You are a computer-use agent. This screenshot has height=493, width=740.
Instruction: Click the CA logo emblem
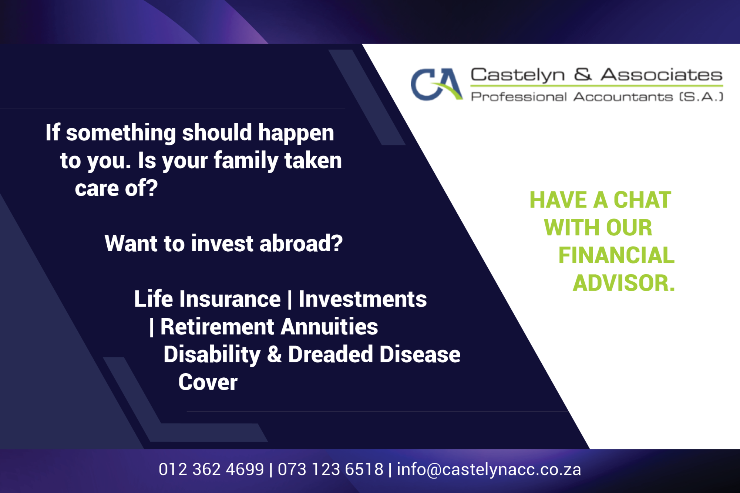[436, 84]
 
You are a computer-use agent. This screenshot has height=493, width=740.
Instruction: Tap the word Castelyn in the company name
[517, 75]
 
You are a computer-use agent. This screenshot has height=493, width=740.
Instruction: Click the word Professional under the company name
[518, 97]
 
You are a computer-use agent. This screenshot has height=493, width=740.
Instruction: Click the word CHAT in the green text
[642, 200]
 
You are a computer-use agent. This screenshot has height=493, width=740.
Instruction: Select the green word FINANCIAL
[616, 255]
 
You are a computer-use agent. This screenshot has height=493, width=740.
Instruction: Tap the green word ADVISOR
[624, 283]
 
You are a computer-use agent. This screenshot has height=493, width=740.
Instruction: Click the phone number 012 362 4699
[211, 470]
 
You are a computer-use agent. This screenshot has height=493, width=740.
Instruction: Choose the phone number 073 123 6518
[330, 470]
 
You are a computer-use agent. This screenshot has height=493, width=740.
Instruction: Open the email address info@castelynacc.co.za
[489, 470]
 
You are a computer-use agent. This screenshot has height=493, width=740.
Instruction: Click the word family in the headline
[246, 161]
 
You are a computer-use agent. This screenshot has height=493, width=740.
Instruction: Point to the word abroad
[301, 244]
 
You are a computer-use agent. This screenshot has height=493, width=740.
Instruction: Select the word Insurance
[230, 299]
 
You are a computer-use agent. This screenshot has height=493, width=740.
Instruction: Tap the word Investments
[363, 299]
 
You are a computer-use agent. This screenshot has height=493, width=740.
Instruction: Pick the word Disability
[212, 355]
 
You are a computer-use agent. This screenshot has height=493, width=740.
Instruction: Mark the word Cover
[208, 382]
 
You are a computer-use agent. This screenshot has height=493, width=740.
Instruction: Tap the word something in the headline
[121, 133]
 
